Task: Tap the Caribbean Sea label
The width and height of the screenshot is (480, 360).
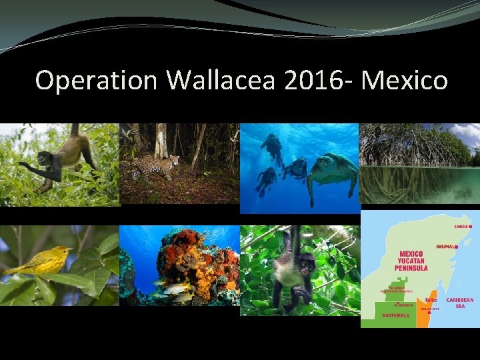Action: pyautogui.click(x=460, y=303)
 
